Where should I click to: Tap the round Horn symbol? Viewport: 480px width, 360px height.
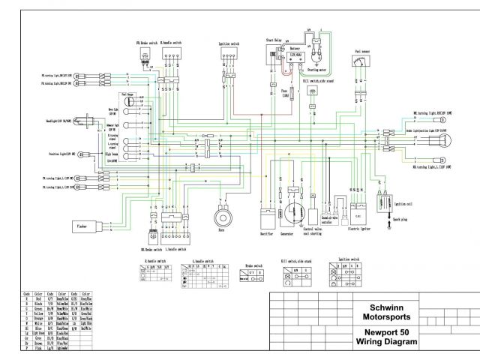pyautogui.click(x=222, y=217)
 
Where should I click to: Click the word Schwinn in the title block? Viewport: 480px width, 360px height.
pyautogui.click(x=385, y=307)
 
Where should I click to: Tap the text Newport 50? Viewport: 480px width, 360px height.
pyautogui.click(x=385, y=332)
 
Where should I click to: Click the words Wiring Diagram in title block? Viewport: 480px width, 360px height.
pyautogui.click(x=385, y=343)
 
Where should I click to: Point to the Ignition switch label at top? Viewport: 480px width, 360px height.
pyautogui.click(x=229, y=43)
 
